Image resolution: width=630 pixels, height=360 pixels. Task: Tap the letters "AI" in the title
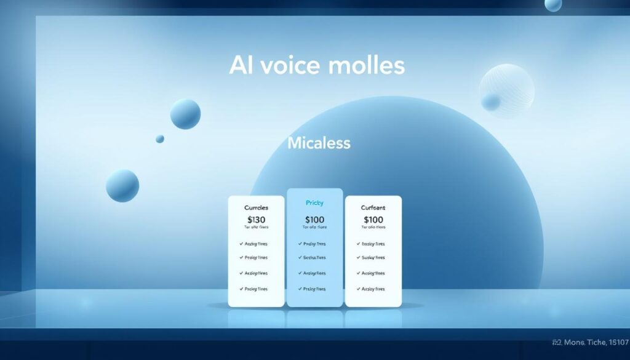coord(241,65)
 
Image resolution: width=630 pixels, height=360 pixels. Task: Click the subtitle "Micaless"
coord(319,143)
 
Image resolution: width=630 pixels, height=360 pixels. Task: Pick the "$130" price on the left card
coord(256,220)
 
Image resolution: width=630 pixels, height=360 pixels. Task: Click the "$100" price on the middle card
coord(314,220)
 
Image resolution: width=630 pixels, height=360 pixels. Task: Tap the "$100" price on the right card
coord(373,220)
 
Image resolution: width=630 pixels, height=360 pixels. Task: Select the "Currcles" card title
coord(256,208)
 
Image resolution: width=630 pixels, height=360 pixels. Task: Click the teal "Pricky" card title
coord(314,202)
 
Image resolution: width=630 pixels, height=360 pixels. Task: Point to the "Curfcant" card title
coord(373,208)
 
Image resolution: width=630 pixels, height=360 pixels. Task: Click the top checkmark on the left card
coord(241,244)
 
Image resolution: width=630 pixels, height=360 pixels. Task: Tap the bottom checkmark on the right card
coord(359,289)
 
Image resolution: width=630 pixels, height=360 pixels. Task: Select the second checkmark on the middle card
coord(300,258)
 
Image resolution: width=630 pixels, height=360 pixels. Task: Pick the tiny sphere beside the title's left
coord(160,139)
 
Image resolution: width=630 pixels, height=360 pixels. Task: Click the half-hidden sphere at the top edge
coord(553,5)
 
